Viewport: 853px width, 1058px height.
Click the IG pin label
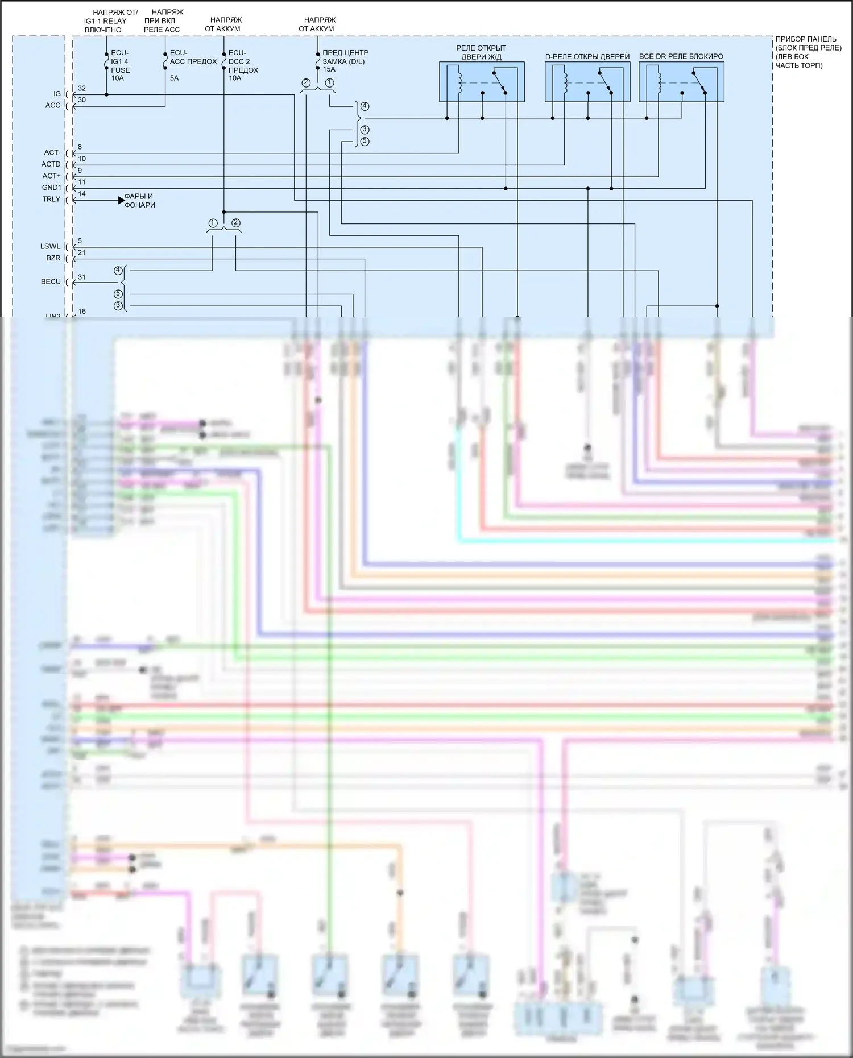(x=57, y=94)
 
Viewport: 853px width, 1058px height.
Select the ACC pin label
(x=53, y=105)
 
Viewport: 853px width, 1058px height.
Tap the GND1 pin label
(x=51, y=188)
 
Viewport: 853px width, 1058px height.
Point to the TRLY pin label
(x=51, y=199)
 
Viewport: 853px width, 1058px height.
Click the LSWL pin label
(x=50, y=246)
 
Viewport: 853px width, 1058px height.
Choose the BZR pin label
(x=53, y=258)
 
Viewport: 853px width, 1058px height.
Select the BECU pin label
(x=51, y=281)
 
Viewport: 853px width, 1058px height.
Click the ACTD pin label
(x=51, y=164)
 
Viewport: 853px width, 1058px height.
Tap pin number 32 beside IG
(x=82, y=89)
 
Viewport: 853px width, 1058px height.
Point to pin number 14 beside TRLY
(x=82, y=194)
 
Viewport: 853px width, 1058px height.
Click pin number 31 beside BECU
(x=82, y=277)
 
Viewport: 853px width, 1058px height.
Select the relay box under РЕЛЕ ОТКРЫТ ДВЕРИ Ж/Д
(x=482, y=82)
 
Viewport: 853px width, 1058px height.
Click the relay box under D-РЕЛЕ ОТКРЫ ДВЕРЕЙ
(x=587, y=82)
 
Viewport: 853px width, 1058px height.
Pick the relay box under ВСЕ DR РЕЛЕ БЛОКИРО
(x=681, y=82)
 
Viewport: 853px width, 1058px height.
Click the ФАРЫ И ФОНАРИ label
(x=139, y=201)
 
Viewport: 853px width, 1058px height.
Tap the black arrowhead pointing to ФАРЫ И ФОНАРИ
(x=121, y=200)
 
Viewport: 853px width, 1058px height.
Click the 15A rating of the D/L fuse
(x=329, y=69)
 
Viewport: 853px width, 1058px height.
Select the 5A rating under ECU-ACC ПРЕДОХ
(x=174, y=78)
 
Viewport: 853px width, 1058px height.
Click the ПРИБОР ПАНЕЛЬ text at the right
(x=806, y=39)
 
